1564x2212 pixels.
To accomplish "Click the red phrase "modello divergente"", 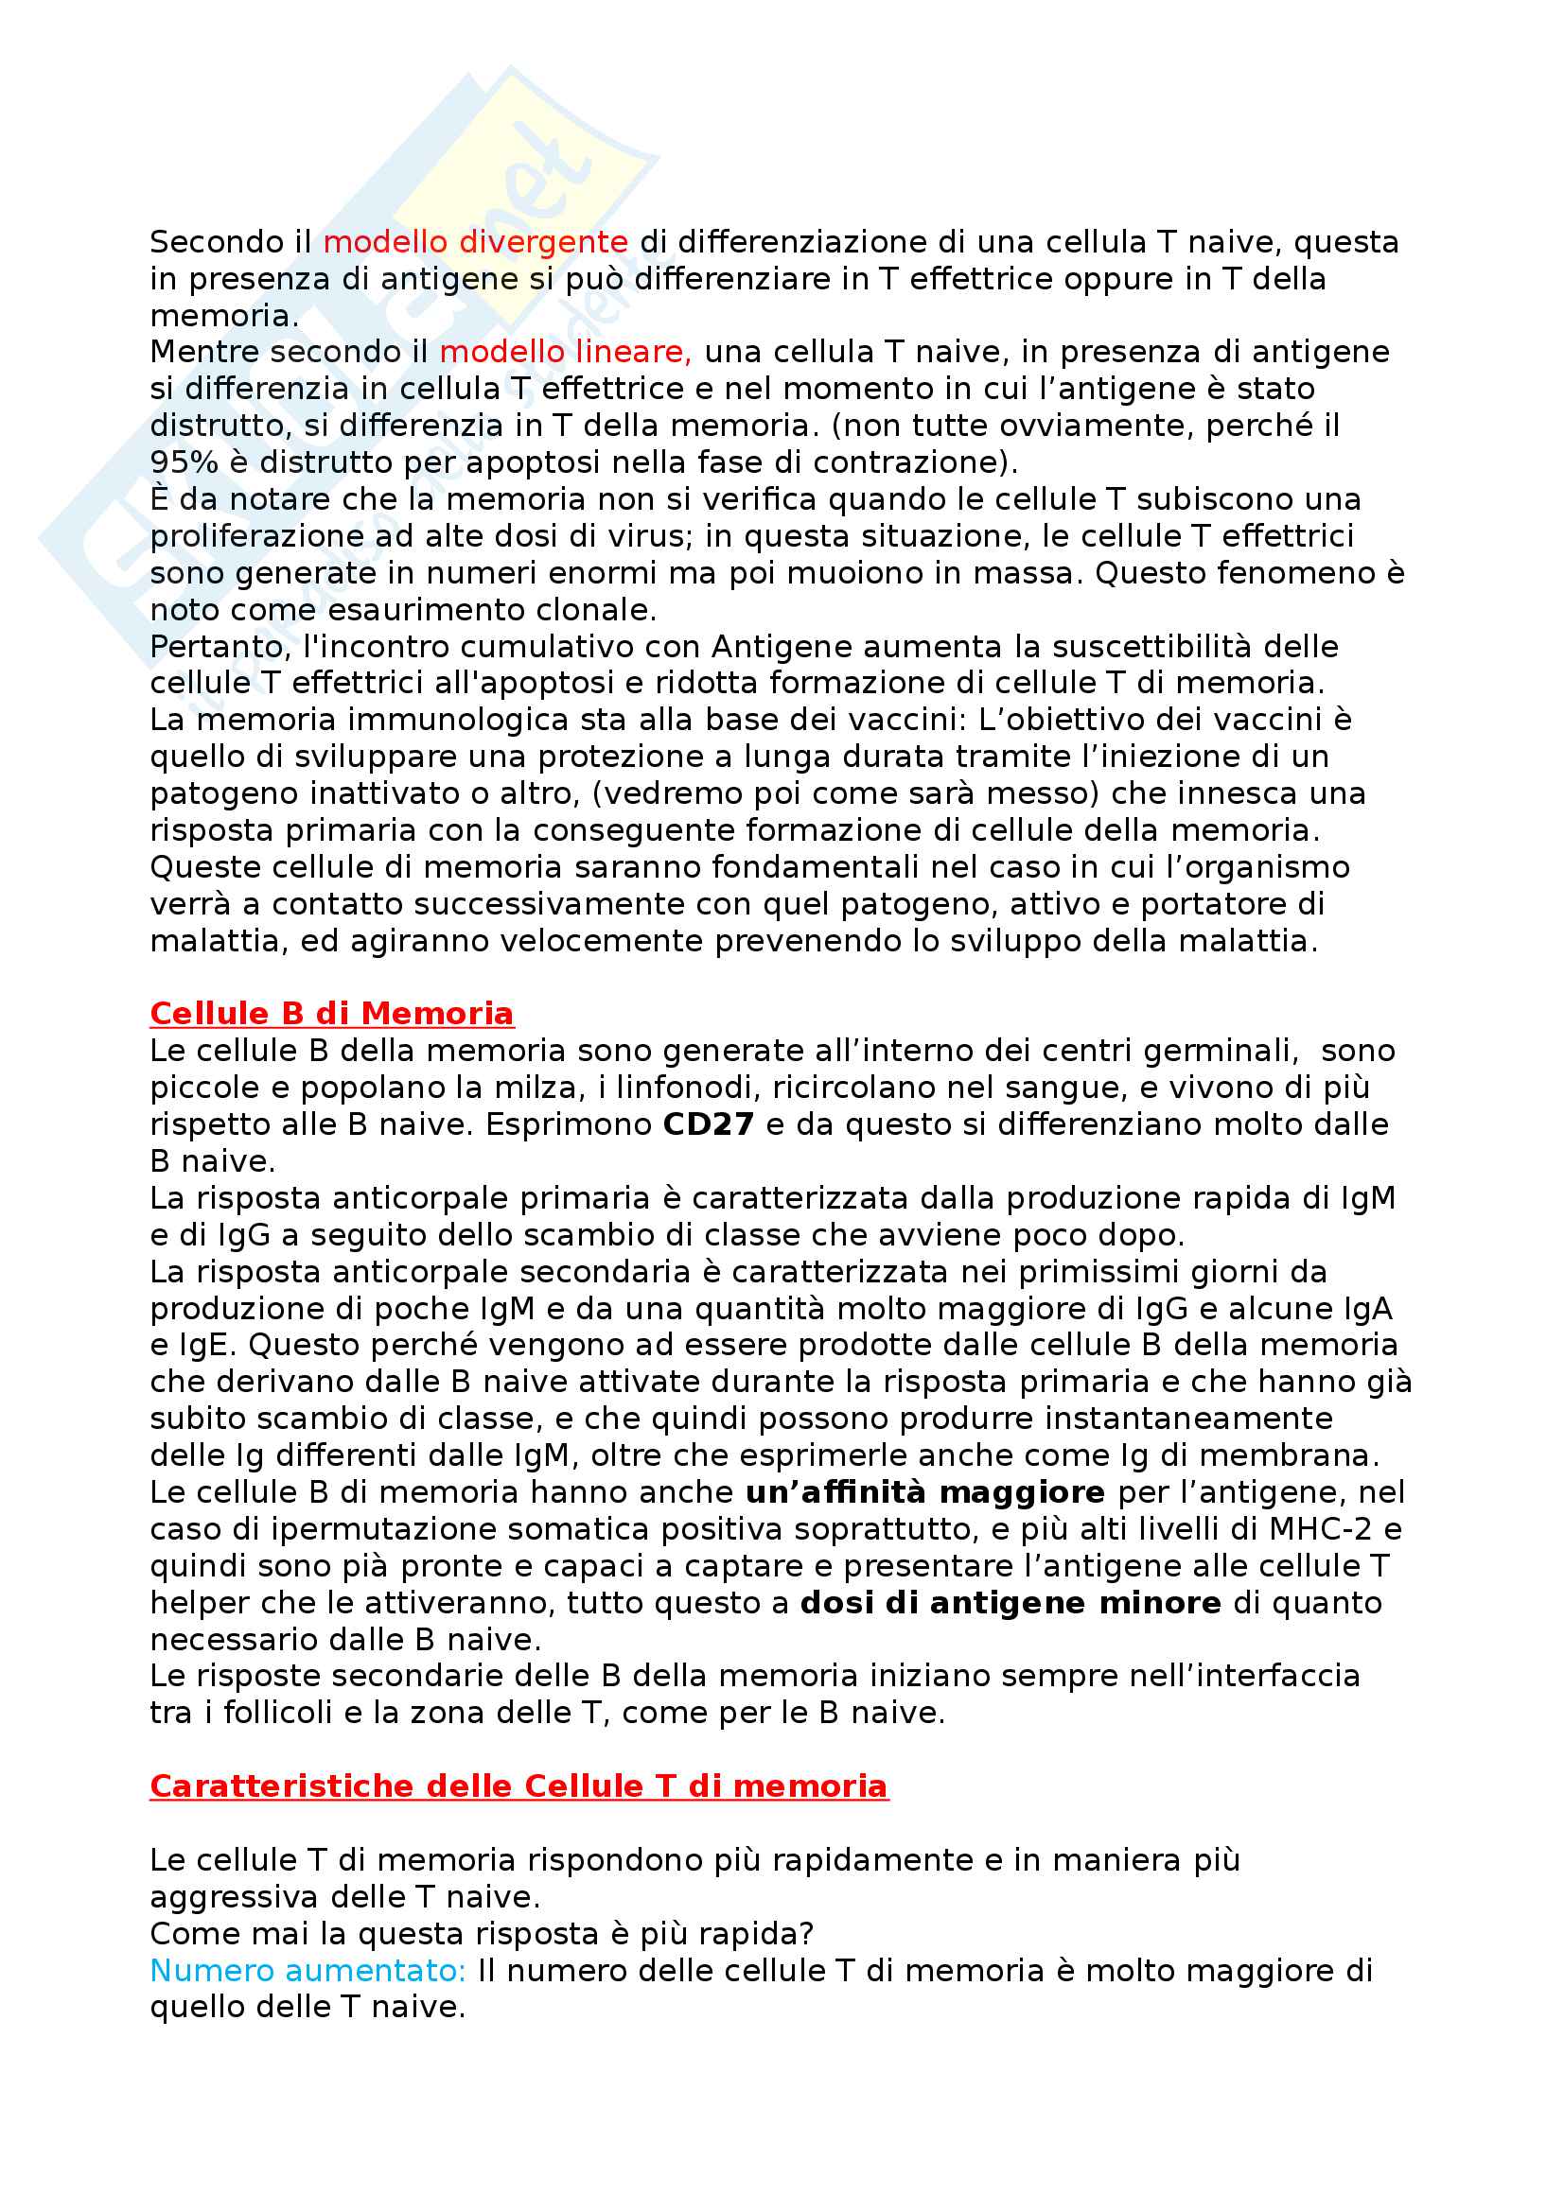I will [475, 242].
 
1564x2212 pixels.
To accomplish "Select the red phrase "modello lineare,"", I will [566, 352].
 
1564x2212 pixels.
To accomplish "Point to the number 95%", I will [185, 462].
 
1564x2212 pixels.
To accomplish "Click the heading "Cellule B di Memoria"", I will [331, 1014].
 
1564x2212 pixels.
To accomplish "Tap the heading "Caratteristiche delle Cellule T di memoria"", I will [518, 1786].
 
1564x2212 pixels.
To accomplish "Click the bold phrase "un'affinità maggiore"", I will [925, 1492].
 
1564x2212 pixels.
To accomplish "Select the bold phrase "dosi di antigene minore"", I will [1010, 1603].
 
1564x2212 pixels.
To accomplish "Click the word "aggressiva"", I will [234, 1897].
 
